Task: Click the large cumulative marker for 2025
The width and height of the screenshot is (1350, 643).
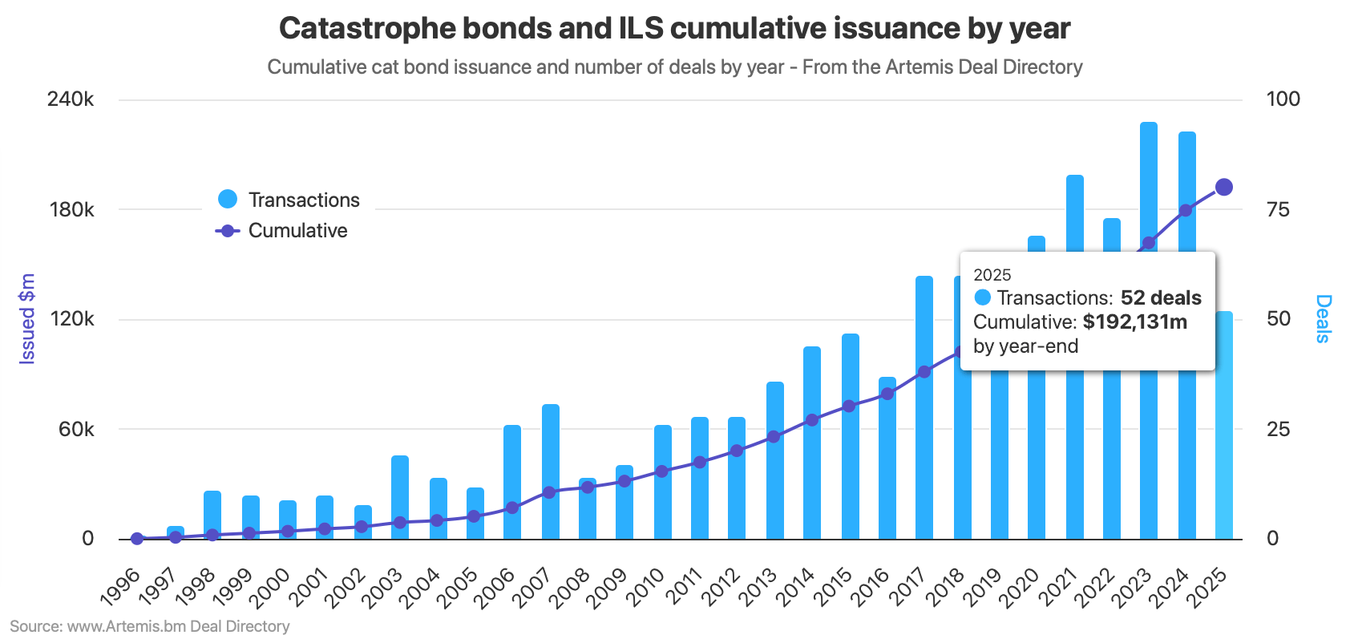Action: pyautogui.click(x=1224, y=188)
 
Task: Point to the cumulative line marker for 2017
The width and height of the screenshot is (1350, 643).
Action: pyautogui.click(x=924, y=372)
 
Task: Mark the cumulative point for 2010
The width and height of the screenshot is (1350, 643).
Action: pyautogui.click(x=662, y=471)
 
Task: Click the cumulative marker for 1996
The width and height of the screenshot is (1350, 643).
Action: pyautogui.click(x=137, y=539)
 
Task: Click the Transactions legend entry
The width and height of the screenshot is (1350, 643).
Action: pyautogui.click(x=289, y=200)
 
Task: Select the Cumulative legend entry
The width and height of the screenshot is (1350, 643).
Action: pyautogui.click(x=282, y=231)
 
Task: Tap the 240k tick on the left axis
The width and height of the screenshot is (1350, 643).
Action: pyautogui.click(x=71, y=99)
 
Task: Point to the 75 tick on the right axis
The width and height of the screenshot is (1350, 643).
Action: pyautogui.click(x=1278, y=210)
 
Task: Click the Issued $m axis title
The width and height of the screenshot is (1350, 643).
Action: pyautogui.click(x=27, y=319)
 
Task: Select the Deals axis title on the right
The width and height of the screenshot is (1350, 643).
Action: pyautogui.click(x=1323, y=319)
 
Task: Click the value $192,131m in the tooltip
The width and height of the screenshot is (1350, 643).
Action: pyautogui.click(x=1134, y=322)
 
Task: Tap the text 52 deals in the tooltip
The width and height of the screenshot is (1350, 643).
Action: pyautogui.click(x=1160, y=298)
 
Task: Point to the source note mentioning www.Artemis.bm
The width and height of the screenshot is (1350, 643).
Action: pyautogui.click(x=150, y=626)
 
